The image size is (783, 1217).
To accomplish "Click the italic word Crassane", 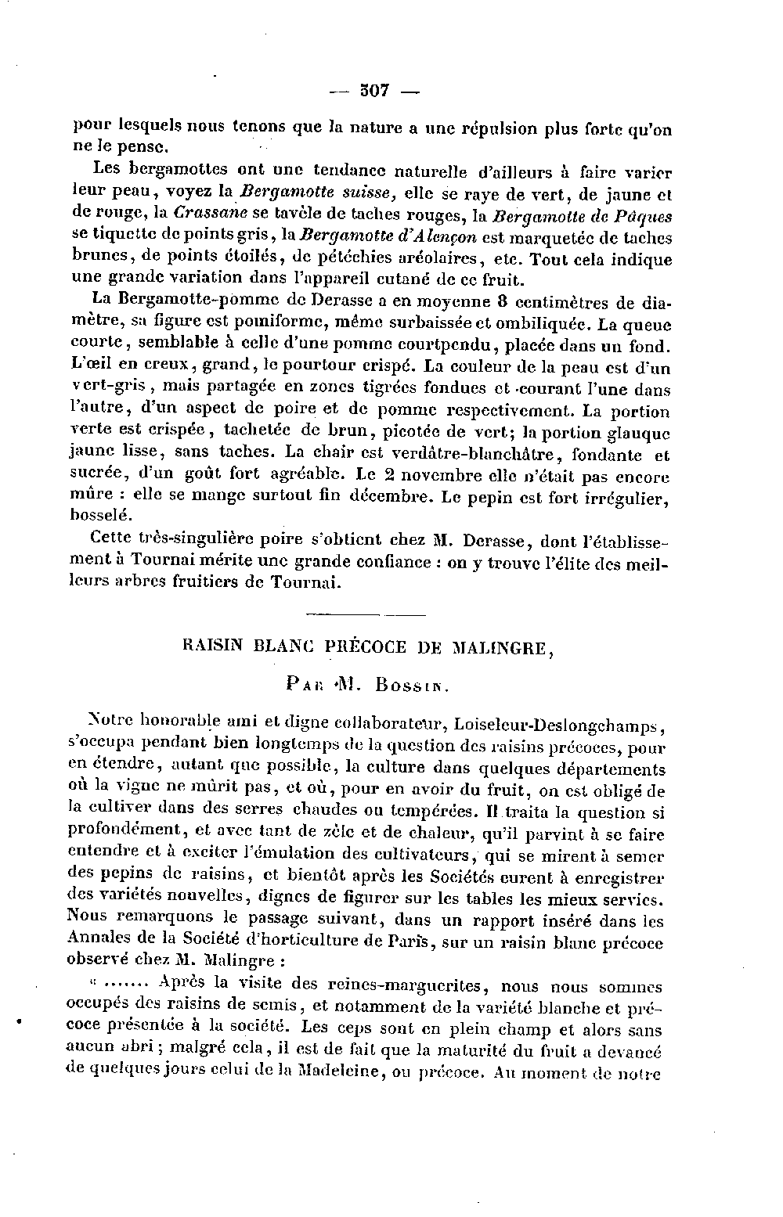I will pos(211,213).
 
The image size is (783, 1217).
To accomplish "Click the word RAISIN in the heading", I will pos(208,648).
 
